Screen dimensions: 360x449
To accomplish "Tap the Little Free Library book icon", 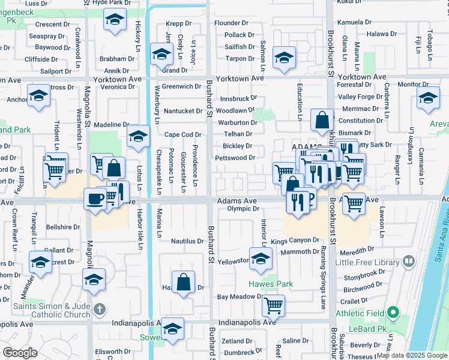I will pyautogui.click(x=409, y=261).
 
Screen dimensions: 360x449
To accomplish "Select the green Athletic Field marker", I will pyautogui.click(x=393, y=312).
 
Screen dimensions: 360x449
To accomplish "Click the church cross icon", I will pyautogui.click(x=100, y=310).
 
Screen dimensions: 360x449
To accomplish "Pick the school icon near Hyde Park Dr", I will pyautogui.click(x=113, y=20).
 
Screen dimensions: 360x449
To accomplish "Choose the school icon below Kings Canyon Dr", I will pyautogui.click(x=261, y=259).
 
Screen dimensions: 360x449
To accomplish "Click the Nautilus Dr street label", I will pyautogui.click(x=187, y=241).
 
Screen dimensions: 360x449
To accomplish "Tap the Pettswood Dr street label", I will pyautogui.click(x=235, y=158).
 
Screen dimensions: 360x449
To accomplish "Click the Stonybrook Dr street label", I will pyautogui.click(x=364, y=278).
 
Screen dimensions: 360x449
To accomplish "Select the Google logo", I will pyautogui.click(x=20, y=353).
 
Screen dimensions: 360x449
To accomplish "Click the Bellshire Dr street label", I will pyautogui.click(x=63, y=227).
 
